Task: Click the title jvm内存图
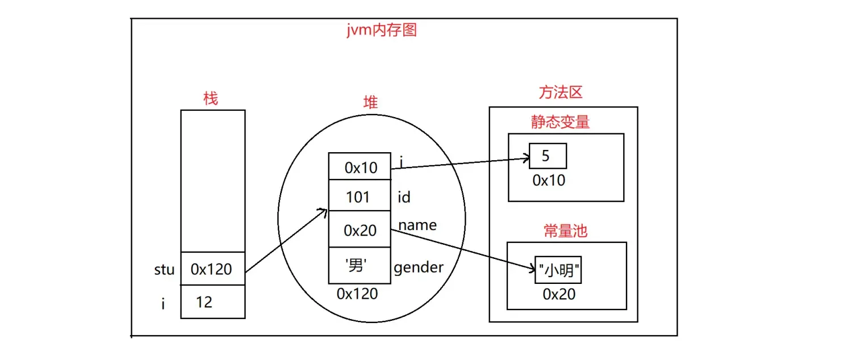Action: pyautogui.click(x=381, y=30)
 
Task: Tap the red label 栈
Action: pyautogui.click(x=211, y=98)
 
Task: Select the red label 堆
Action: pyautogui.click(x=370, y=102)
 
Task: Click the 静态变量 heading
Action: pyautogui.click(x=561, y=122)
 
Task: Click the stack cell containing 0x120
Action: pyautogui.click(x=212, y=269)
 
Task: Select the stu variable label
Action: pyautogui.click(x=164, y=269)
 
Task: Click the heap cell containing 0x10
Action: pyautogui.click(x=359, y=167)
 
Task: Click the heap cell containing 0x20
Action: pyautogui.click(x=359, y=230)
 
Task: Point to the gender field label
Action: pyautogui.click(x=419, y=267)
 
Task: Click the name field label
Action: pyautogui.click(x=417, y=225)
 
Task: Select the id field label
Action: pyautogui.click(x=404, y=197)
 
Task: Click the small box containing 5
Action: pyautogui.click(x=547, y=156)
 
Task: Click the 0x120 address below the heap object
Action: pyautogui.click(x=357, y=294)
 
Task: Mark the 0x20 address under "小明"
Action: pyautogui.click(x=559, y=294)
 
